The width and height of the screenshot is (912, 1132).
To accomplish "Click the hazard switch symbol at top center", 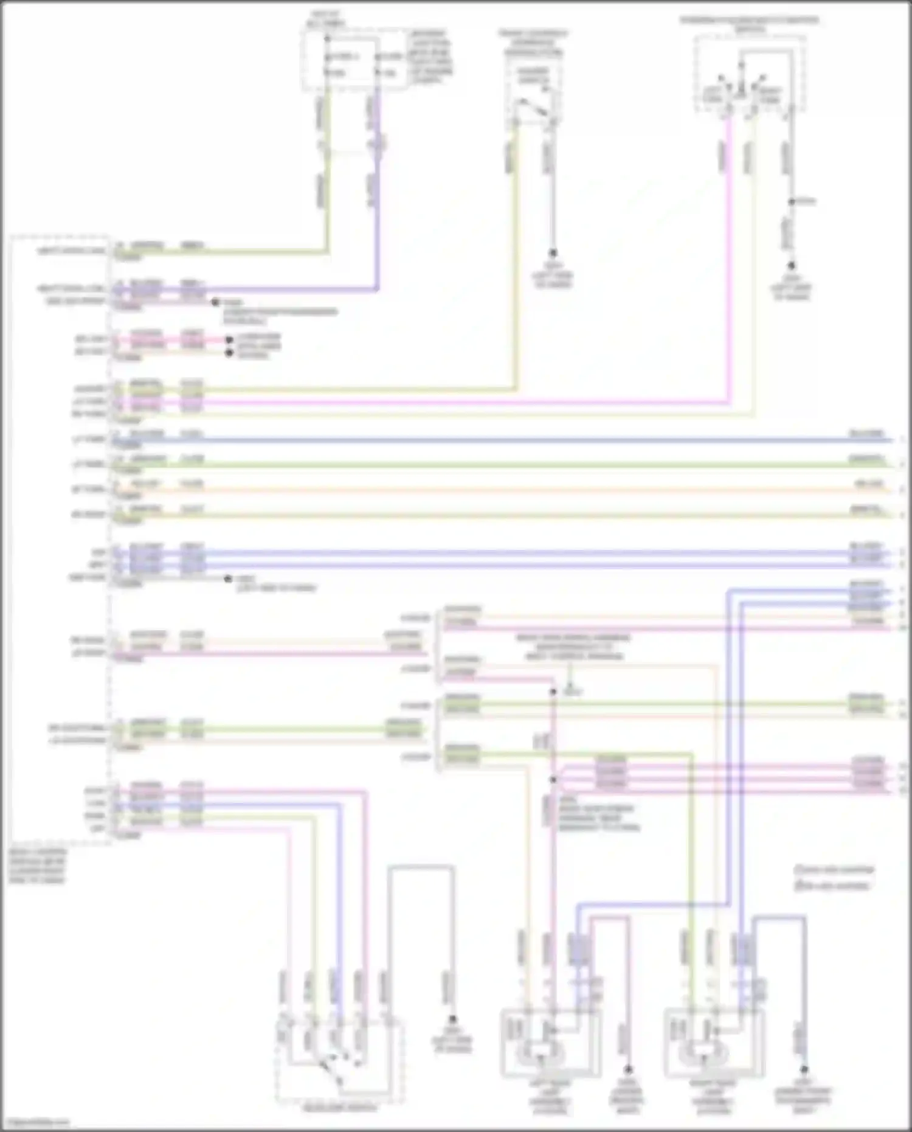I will (533, 109).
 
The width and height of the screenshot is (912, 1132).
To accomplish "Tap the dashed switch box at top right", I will (750, 74).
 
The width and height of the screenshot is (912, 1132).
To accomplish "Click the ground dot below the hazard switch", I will (553, 252).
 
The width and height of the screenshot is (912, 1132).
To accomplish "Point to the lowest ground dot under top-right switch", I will (792, 266).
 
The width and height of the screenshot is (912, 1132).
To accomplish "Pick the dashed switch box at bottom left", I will (339, 1061).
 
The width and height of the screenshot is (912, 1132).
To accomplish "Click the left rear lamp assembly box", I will (550, 1043).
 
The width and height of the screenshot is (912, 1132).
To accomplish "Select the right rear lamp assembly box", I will (714, 1043).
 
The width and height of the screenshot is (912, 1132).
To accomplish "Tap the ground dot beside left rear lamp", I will (629, 1069).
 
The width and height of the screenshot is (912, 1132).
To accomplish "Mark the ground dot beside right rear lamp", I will (804, 1069).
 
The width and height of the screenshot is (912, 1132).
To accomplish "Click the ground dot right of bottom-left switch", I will (452, 1019).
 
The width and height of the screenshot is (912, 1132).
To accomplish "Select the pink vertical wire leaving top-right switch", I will (728, 255).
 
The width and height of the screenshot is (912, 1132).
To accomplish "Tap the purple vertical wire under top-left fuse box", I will (378, 195).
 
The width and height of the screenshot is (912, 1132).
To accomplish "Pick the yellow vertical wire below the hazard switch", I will (516, 255).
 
